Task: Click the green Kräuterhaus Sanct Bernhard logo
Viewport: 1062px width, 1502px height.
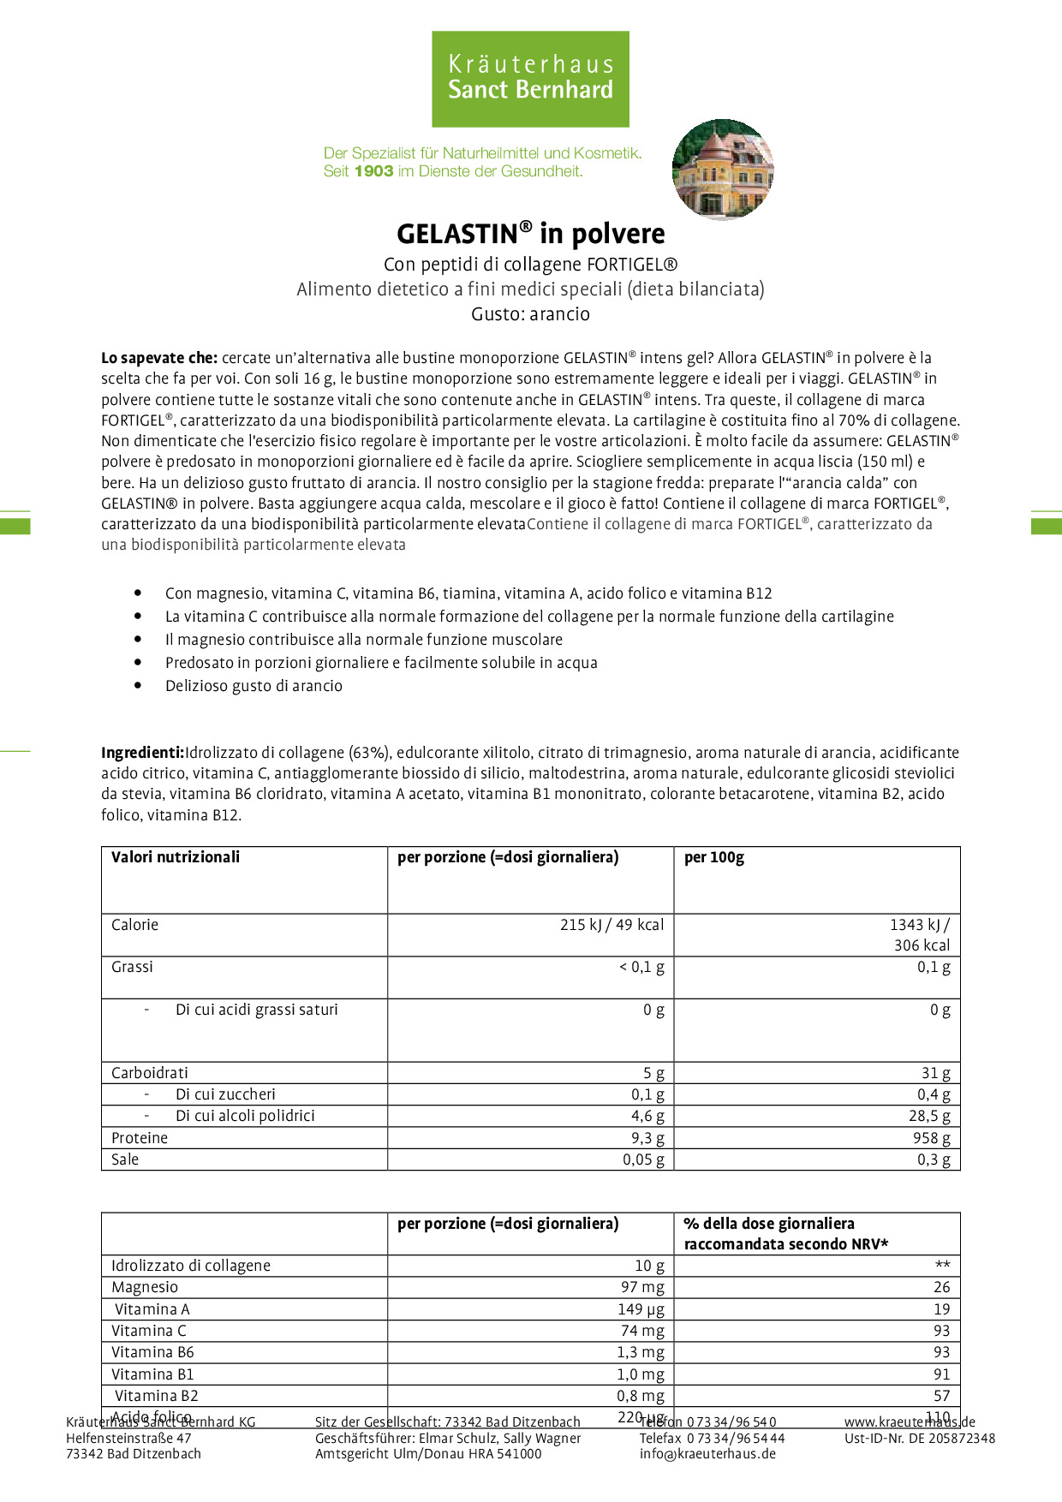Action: click(530, 79)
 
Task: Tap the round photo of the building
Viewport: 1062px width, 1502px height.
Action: click(722, 170)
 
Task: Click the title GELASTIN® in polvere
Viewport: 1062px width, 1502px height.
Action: click(530, 234)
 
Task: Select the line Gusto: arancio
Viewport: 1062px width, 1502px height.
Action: click(530, 314)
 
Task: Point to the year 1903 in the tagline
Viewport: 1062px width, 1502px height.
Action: click(373, 171)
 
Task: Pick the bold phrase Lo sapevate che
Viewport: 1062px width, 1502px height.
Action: click(159, 358)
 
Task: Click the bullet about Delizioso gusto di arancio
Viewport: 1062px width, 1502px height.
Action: click(254, 686)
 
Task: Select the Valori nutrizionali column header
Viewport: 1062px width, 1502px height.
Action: click(176, 857)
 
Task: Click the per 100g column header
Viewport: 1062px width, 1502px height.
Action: click(714, 857)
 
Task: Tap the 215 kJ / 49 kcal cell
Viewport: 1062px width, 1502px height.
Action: click(612, 925)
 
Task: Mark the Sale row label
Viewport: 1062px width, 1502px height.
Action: click(125, 1159)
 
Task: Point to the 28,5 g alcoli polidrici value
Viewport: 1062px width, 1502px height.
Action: click(929, 1116)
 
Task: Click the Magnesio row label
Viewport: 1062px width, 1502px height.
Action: click(145, 1287)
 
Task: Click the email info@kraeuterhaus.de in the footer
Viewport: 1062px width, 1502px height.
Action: click(707, 1453)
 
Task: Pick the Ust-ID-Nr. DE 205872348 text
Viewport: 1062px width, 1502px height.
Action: click(920, 1439)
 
